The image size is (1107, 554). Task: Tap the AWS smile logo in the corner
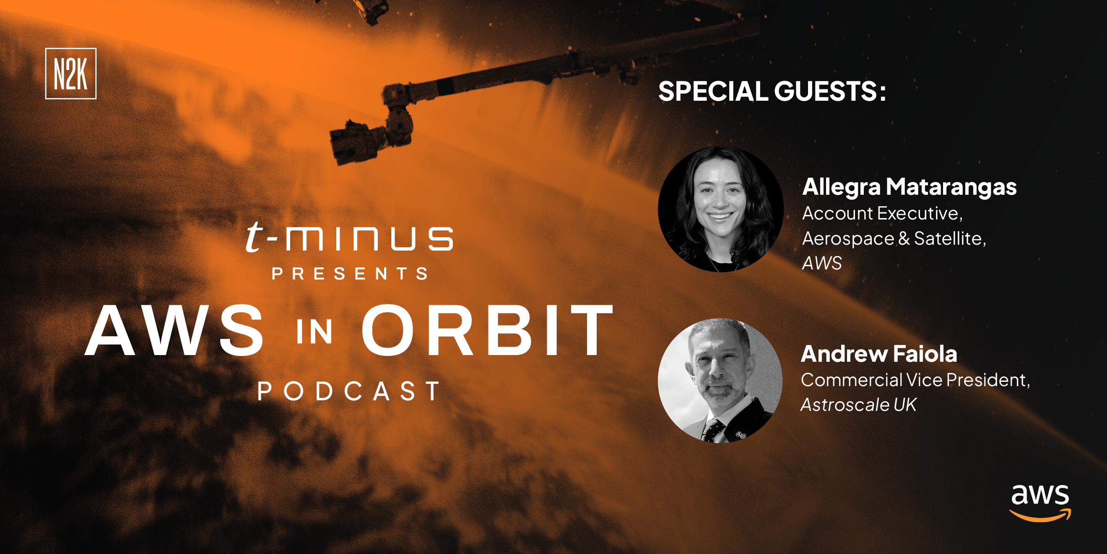click(x=1040, y=503)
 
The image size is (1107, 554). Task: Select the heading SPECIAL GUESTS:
click(x=772, y=91)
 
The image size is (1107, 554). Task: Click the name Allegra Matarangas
click(x=910, y=187)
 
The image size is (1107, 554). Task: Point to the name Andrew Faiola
click(x=879, y=354)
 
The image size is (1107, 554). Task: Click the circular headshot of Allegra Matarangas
click(x=721, y=209)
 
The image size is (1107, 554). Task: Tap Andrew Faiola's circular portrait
click(x=720, y=381)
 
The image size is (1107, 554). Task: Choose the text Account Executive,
click(x=882, y=213)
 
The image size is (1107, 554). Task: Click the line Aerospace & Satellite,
click(x=894, y=238)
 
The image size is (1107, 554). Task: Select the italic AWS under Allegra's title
click(x=822, y=263)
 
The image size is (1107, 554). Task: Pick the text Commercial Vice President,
click(x=915, y=380)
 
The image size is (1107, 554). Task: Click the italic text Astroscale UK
click(x=859, y=405)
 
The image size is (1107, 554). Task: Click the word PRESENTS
click(x=350, y=274)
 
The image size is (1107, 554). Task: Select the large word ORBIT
click(x=487, y=330)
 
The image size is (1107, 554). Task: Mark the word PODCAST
click(x=348, y=391)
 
